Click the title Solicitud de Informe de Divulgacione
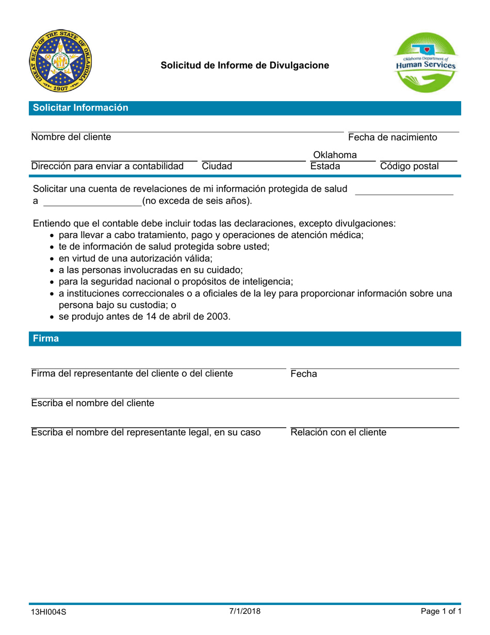pyautogui.click(x=244, y=66)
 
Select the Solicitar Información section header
pyautogui.click(x=80, y=108)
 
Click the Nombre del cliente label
pyautogui.click(x=71, y=137)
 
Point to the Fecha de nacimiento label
pyautogui.click(x=393, y=137)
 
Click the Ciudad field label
pyautogui.click(x=217, y=166)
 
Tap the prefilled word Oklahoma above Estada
pyautogui.click(x=335, y=155)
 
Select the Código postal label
pyautogui.click(x=410, y=166)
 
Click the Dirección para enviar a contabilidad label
pyautogui.click(x=107, y=166)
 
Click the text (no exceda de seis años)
pyautogui.click(x=198, y=201)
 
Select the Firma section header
pyautogui.click(x=46, y=339)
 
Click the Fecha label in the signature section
pyautogui.click(x=304, y=374)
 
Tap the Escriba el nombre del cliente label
pyautogui.click(x=93, y=403)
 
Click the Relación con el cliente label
pyautogui.click(x=338, y=433)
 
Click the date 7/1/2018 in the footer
pyautogui.click(x=245, y=611)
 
